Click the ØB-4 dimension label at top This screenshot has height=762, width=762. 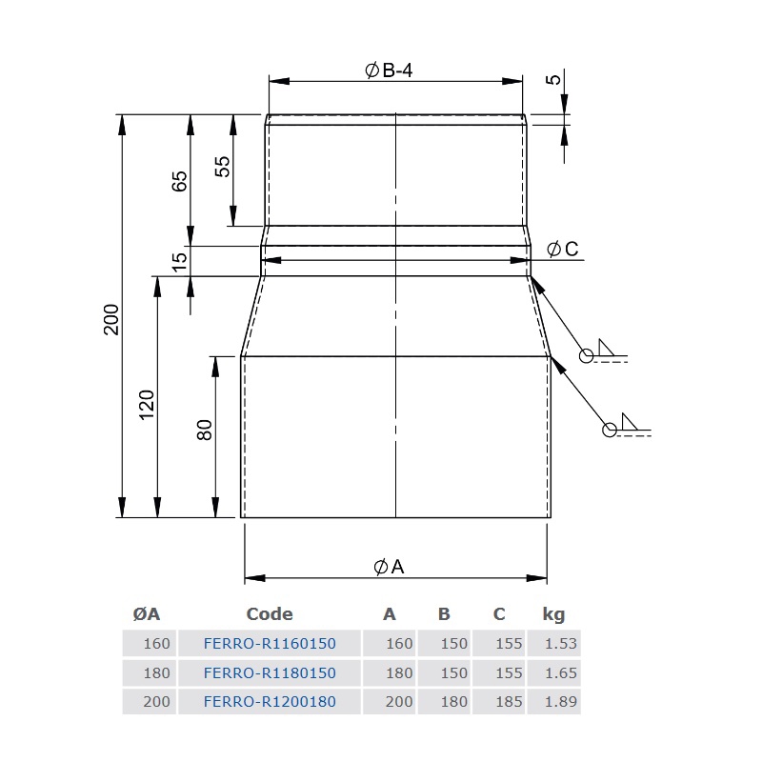[389, 70]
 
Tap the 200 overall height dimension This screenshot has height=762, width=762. [111, 319]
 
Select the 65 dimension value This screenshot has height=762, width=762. [180, 181]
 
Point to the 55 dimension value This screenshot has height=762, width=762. [222, 166]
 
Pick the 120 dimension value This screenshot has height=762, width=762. [147, 405]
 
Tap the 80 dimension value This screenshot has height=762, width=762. [205, 431]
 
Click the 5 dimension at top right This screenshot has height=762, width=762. [553, 79]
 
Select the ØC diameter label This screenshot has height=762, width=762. [563, 250]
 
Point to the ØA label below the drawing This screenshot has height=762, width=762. [389, 567]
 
